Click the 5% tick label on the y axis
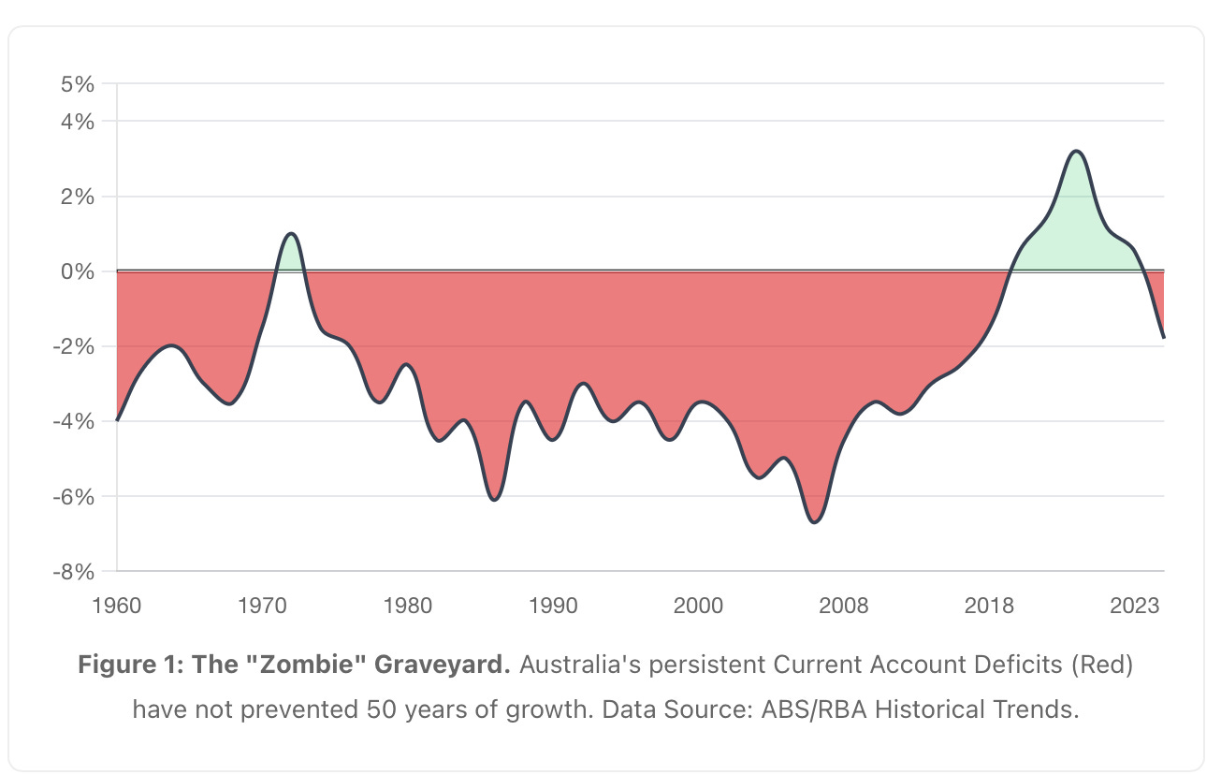click(x=78, y=84)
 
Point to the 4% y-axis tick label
click(x=78, y=122)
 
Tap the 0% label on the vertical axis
click(x=78, y=271)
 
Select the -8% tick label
click(x=75, y=571)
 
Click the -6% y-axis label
click(x=75, y=496)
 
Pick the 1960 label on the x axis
click(x=117, y=606)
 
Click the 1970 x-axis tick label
click(x=262, y=606)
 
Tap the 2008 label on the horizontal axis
click(x=844, y=606)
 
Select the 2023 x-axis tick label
click(x=1135, y=606)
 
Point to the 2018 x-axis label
click(x=989, y=606)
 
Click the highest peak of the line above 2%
click(x=1077, y=151)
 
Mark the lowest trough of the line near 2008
click(x=815, y=521)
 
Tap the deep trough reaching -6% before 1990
click(x=495, y=499)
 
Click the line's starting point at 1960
click(x=117, y=420)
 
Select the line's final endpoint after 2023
click(x=1163, y=337)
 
